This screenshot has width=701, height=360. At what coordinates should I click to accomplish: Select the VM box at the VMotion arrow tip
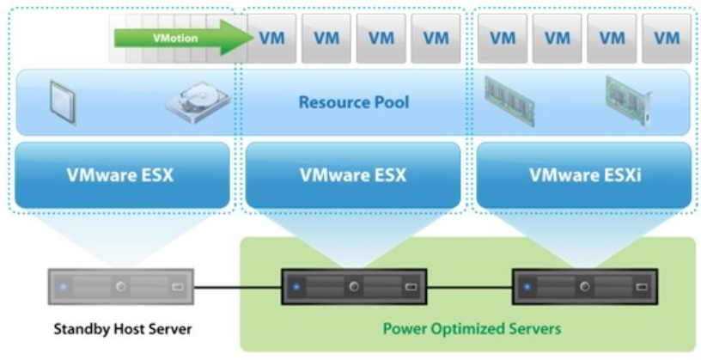tap(271, 38)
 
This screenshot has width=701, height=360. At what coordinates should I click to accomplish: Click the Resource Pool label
tap(353, 102)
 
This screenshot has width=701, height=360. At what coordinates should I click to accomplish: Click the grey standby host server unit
tap(121, 287)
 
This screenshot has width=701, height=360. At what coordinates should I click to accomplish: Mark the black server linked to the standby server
tap(353, 287)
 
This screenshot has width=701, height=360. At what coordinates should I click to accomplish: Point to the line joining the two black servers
tap(468, 286)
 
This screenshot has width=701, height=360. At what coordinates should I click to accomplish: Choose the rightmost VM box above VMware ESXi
tap(666, 38)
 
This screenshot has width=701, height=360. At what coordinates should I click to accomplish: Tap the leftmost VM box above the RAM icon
tap(503, 38)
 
